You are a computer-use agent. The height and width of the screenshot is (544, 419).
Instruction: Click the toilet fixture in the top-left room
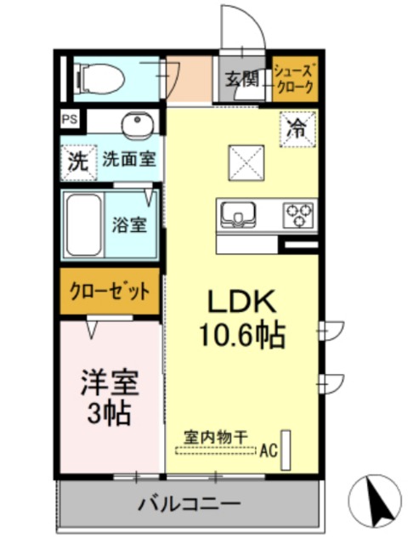(99, 77)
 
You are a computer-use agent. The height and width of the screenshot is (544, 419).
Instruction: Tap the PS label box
(67, 121)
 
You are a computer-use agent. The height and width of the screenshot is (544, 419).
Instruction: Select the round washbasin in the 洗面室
(135, 127)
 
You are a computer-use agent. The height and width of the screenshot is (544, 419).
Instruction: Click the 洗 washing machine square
(77, 161)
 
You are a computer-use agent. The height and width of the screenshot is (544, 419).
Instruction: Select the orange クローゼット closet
(110, 289)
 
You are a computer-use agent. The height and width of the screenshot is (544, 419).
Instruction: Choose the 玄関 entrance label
(241, 80)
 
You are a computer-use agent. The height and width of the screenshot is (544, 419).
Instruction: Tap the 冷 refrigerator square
(297, 129)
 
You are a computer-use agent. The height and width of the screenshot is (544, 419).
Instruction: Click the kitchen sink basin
(241, 214)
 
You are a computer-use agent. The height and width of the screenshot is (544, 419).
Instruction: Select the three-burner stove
(298, 212)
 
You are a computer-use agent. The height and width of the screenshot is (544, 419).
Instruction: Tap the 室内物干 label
(218, 437)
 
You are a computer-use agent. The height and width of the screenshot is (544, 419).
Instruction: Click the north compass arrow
(380, 501)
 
